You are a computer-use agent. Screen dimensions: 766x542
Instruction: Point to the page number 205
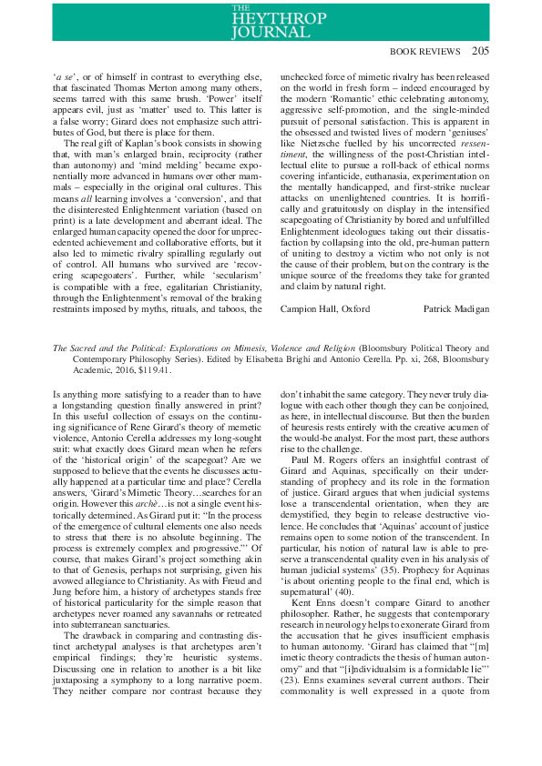pos(480,51)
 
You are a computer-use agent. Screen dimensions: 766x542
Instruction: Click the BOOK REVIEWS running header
pos(428,52)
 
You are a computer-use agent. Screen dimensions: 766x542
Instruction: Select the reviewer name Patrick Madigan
pos(456,309)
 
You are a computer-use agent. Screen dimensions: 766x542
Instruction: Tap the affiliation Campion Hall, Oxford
pos(325,309)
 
